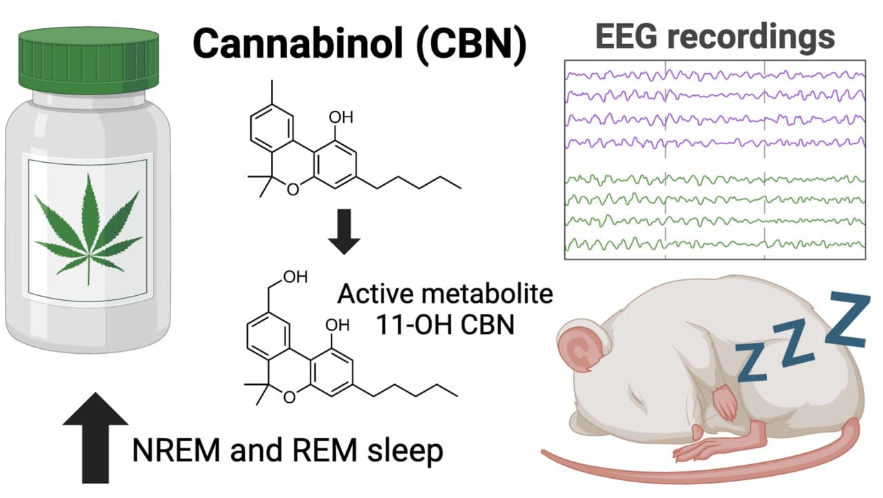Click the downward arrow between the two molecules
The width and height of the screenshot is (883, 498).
pos(343,237)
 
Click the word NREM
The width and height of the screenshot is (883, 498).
pos(175,452)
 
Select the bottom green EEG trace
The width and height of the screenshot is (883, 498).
pos(714,243)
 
